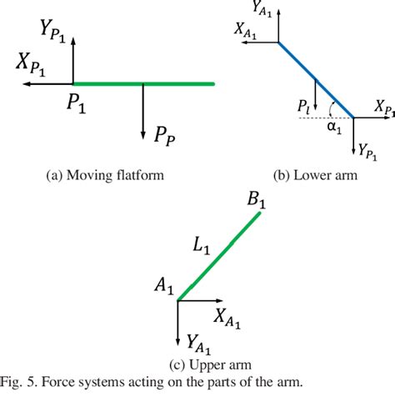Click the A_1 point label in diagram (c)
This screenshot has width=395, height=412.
coord(162,288)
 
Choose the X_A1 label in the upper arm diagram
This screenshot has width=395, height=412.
coord(229,314)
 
